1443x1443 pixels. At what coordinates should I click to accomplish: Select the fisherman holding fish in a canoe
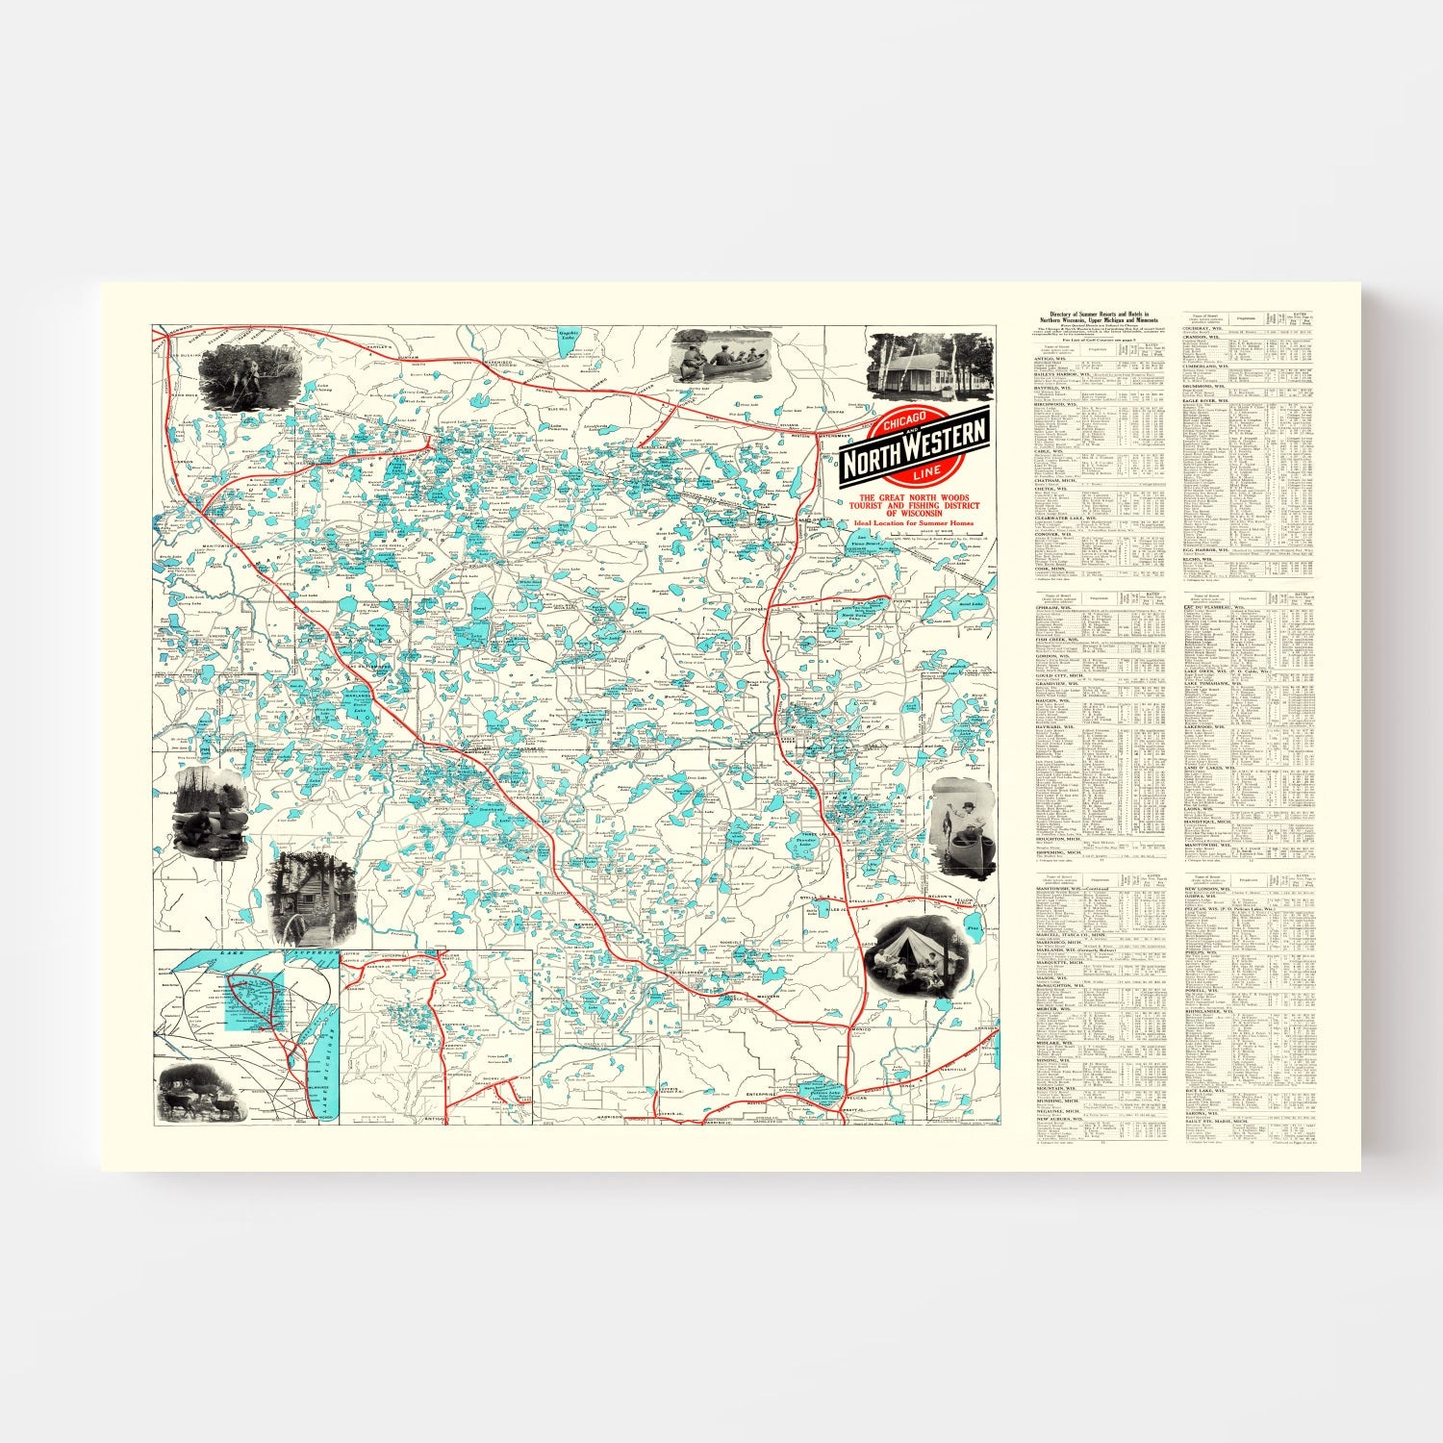963,825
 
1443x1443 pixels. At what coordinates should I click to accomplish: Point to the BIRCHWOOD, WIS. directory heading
1056,405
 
